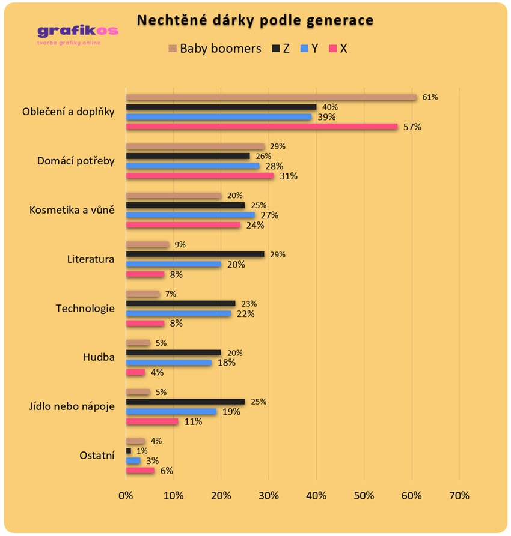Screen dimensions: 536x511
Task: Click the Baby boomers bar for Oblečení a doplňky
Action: click(x=271, y=97)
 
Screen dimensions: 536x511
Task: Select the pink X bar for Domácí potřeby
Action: click(x=200, y=176)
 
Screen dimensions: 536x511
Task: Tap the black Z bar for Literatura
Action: click(x=195, y=254)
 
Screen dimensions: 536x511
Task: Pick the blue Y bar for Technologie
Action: click(x=178, y=313)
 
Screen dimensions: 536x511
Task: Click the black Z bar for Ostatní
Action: click(x=128, y=451)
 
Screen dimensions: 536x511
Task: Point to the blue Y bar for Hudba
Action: click(x=168, y=363)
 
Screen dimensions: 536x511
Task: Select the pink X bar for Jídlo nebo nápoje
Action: click(x=152, y=421)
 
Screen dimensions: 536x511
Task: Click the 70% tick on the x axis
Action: click(x=459, y=496)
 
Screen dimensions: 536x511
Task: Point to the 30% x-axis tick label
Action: click(x=269, y=496)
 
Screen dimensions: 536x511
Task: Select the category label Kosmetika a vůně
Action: click(x=72, y=210)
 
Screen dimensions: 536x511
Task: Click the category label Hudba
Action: click(x=98, y=357)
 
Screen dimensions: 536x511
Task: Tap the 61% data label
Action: click(x=430, y=97)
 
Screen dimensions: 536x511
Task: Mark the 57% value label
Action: click(x=412, y=127)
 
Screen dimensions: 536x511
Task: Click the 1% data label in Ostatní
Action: click(x=142, y=451)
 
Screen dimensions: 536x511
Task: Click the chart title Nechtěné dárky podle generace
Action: click(x=255, y=20)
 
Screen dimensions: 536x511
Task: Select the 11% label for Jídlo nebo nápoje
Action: click(x=193, y=421)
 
